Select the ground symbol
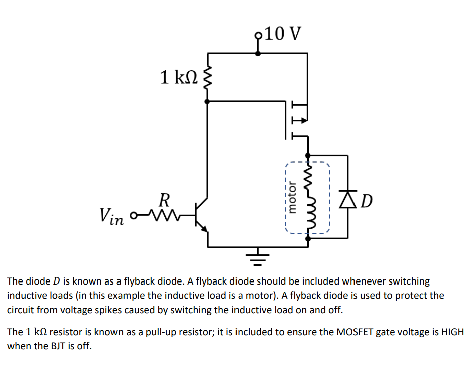pyautogui.click(x=259, y=258)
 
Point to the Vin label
pyautogui.click(x=111, y=216)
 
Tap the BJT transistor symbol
pyautogui.click(x=202, y=217)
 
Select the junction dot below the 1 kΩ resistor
pyautogui.click(x=208, y=101)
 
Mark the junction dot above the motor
pyautogui.click(x=308, y=155)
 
